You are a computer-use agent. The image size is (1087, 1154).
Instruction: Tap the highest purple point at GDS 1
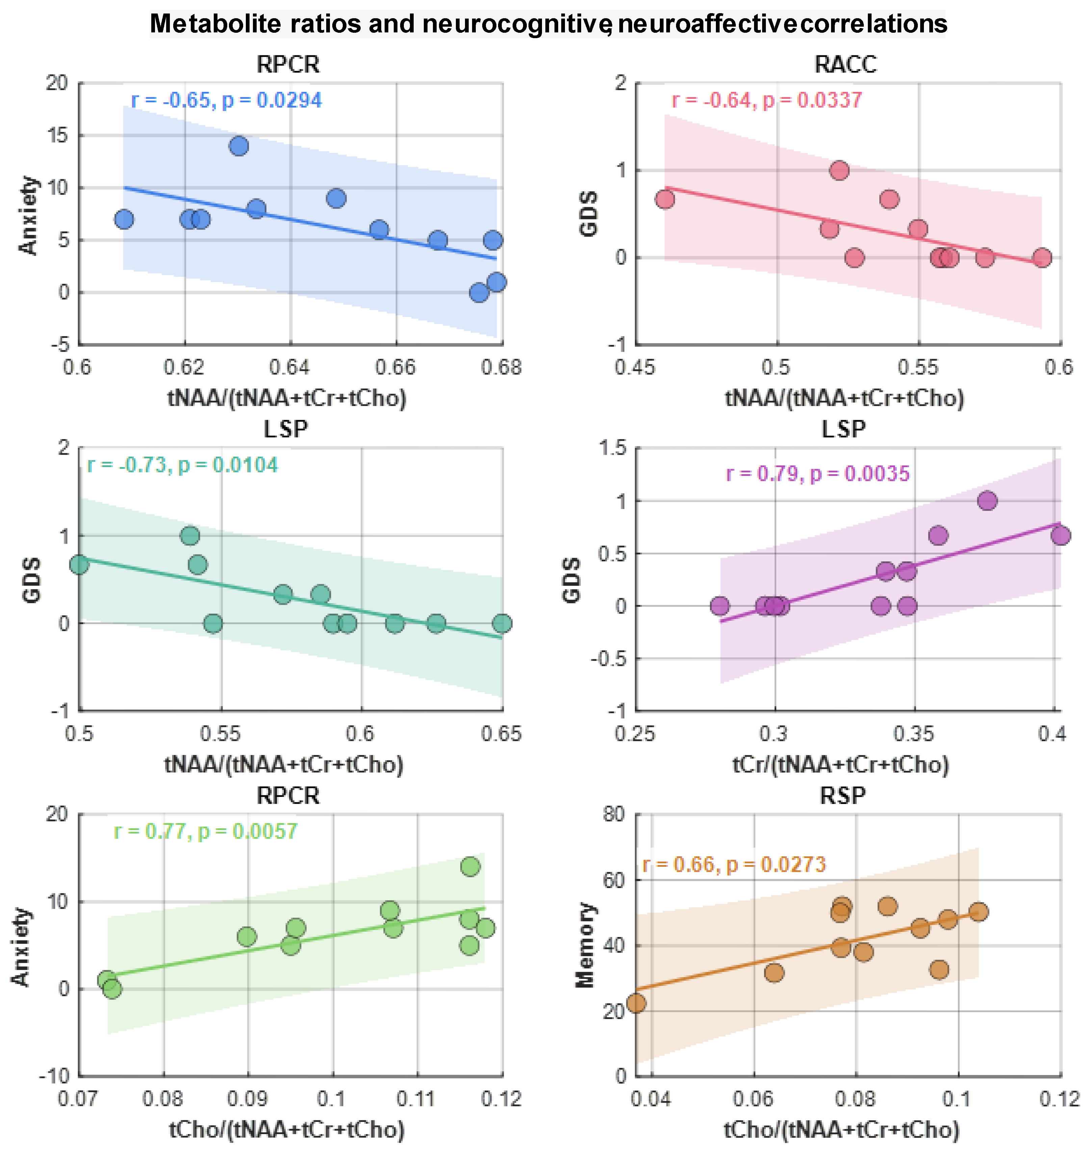(987, 500)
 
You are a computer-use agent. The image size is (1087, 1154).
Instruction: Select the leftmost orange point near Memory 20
(637, 1003)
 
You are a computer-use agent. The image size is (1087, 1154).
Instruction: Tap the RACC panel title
(846, 64)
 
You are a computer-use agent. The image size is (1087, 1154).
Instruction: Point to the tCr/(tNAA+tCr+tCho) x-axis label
(840, 764)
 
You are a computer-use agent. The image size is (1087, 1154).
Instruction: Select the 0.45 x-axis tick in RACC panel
(636, 368)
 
